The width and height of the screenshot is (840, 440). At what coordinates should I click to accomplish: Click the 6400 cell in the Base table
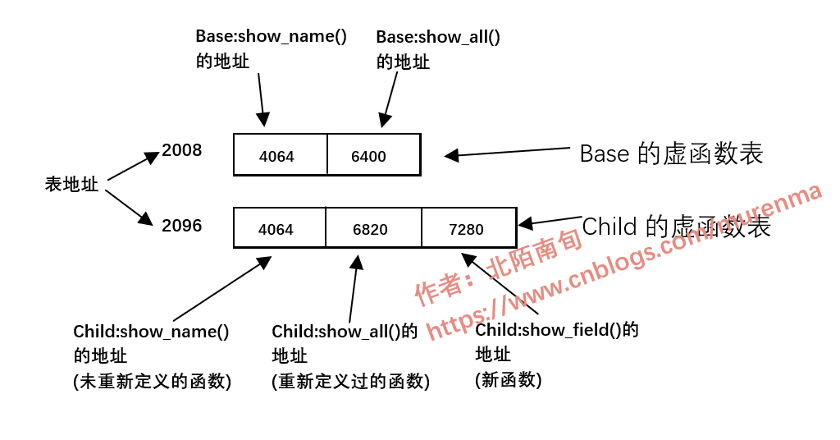[373, 155]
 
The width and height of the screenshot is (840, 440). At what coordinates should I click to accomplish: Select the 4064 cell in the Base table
[280, 155]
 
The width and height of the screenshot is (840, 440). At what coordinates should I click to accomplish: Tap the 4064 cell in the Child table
[279, 228]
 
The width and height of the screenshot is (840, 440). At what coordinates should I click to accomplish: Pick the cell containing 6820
[373, 228]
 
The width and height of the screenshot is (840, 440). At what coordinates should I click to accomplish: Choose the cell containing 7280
[468, 228]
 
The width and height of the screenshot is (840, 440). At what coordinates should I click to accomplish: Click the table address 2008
[181, 150]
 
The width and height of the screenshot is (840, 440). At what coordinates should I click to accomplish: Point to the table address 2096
[181, 226]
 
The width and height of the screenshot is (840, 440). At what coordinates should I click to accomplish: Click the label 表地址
[71, 185]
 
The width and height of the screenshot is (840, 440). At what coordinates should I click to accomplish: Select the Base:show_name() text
[271, 36]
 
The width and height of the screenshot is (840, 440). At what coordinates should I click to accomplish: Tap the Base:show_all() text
[437, 37]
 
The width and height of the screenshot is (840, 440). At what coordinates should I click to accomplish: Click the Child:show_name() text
[151, 332]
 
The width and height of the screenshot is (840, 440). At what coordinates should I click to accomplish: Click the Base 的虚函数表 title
[671, 154]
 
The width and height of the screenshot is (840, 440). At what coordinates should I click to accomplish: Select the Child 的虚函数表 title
[676, 227]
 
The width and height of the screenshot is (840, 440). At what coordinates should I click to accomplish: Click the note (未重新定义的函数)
[152, 381]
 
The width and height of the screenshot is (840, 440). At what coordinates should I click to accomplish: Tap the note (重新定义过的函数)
[350, 381]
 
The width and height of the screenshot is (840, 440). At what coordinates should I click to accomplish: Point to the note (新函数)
[508, 379]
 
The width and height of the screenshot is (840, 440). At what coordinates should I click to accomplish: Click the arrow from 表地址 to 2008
[133, 166]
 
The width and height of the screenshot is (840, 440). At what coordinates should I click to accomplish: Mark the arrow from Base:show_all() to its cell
[389, 99]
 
